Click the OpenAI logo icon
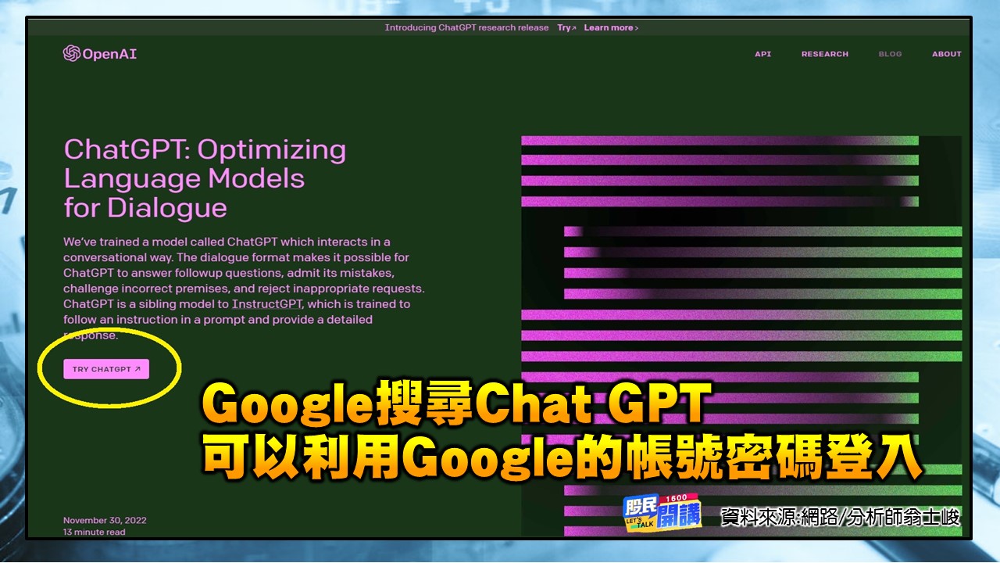coord(71,54)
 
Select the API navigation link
coord(762,54)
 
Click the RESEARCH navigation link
coord(824,54)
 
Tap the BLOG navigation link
coord(890,54)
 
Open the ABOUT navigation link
coord(946,54)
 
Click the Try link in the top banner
coord(566,28)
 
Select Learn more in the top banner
coord(611,28)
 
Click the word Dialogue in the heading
coord(166,209)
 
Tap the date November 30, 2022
coord(105,520)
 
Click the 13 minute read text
coord(94,533)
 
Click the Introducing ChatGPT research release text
coord(466,28)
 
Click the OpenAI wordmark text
coord(109,54)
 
